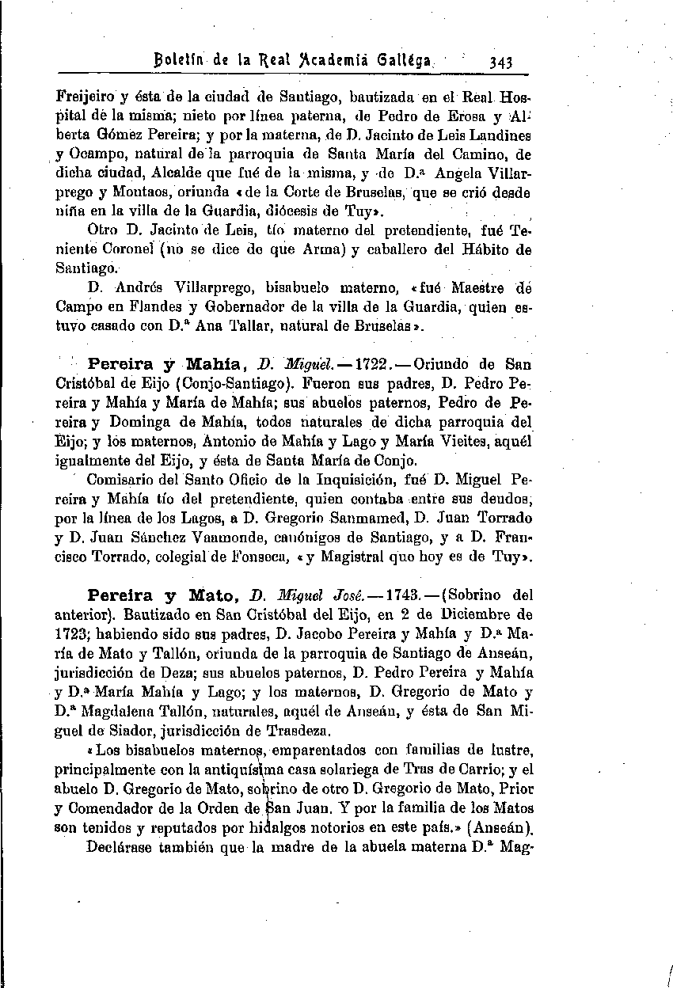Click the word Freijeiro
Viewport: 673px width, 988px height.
(x=86, y=100)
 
